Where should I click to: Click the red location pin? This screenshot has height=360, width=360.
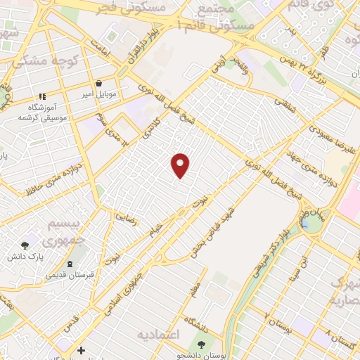181,165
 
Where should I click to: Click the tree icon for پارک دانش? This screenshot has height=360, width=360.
25,245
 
